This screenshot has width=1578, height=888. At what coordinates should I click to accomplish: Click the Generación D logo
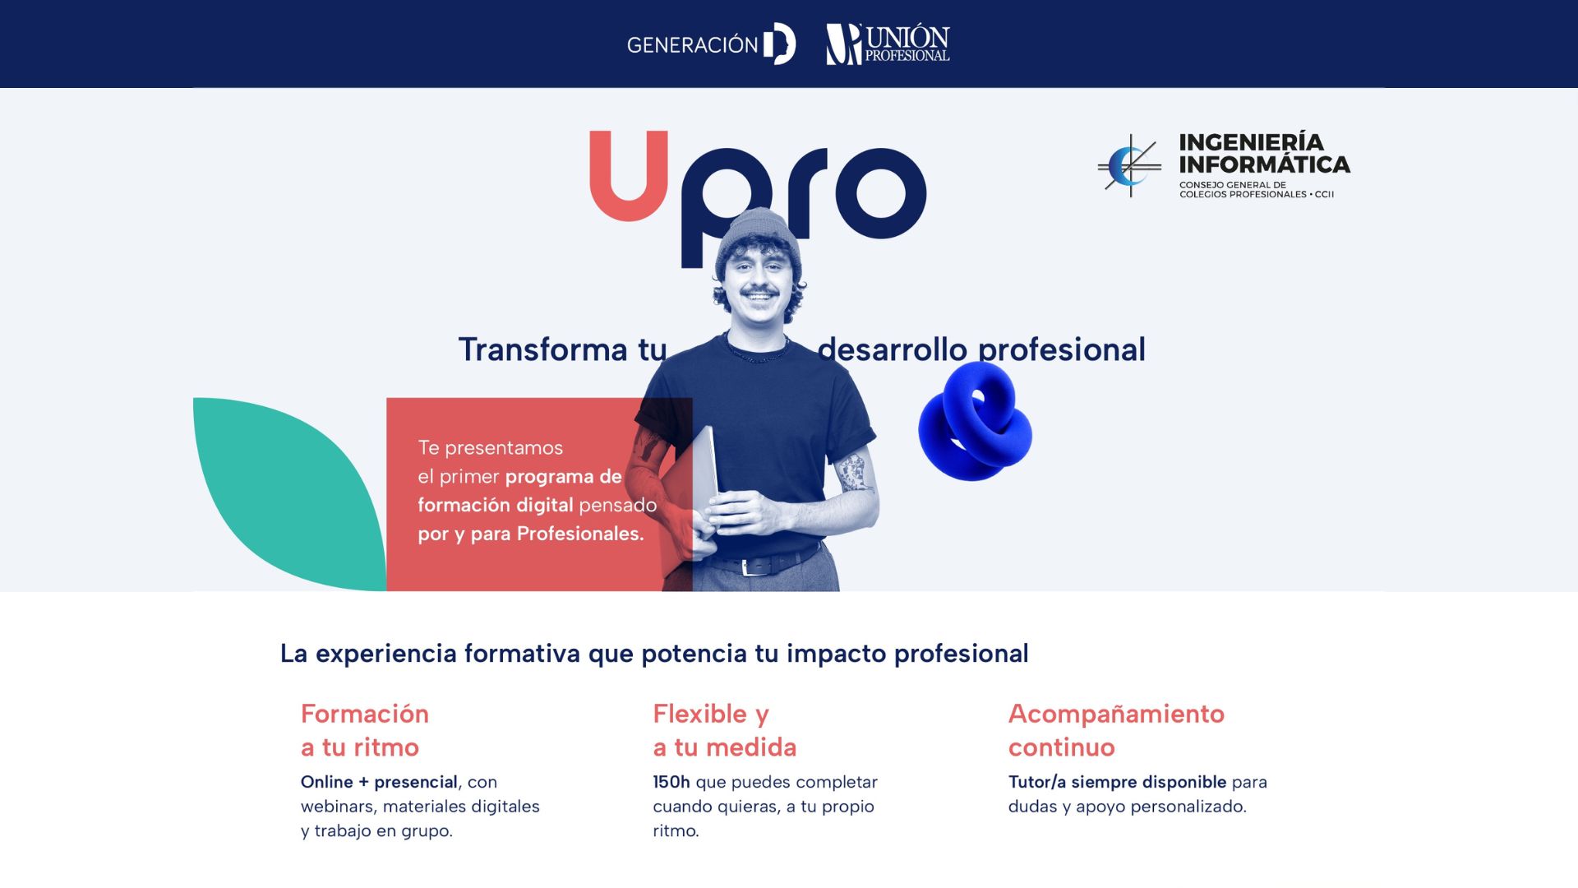711,44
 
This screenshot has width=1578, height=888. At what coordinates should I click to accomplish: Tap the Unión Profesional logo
888,44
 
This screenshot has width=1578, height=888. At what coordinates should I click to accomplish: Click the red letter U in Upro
629,177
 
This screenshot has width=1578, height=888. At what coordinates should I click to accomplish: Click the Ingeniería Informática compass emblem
1129,166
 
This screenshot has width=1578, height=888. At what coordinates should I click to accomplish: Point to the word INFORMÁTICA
1264,164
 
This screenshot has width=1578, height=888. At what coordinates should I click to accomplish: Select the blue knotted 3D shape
976,422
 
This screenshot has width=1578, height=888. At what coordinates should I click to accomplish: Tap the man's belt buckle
746,567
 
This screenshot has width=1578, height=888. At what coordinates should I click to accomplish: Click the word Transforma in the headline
542,349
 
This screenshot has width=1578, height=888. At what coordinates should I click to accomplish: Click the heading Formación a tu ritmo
365,730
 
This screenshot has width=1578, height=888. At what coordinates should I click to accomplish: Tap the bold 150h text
671,782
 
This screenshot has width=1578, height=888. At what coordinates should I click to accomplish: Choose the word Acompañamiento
1116,714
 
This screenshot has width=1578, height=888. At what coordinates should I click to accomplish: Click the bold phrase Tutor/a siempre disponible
1117,782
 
